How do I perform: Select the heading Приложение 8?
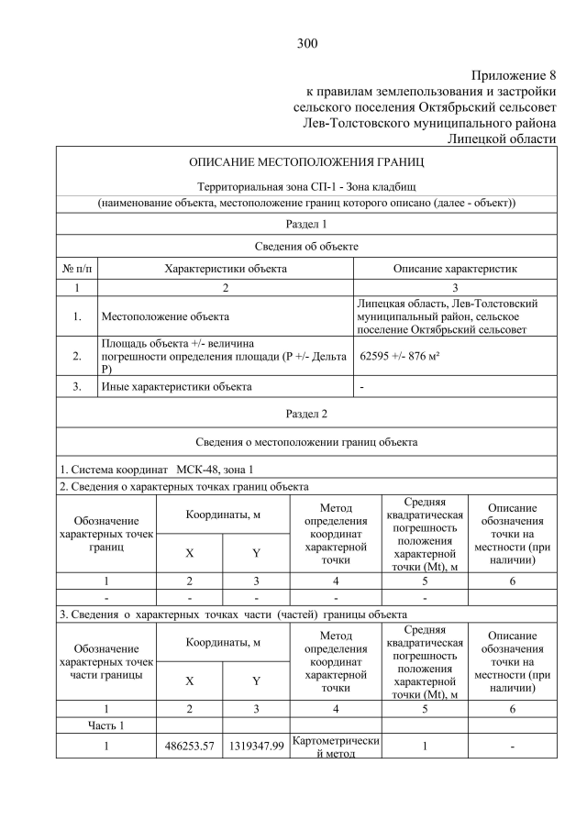point(515,75)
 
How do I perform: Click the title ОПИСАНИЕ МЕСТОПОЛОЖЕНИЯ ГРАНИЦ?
point(306,162)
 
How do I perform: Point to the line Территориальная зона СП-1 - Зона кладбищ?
point(306,186)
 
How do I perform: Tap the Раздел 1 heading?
point(306,224)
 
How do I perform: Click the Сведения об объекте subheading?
point(306,247)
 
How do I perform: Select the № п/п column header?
point(77,269)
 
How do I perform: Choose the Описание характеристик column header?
point(455,269)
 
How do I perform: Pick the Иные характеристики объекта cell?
point(176,387)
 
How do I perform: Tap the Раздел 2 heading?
point(306,414)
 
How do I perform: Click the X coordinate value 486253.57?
point(189,747)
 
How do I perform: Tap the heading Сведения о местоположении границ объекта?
point(306,442)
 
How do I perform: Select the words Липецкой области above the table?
point(502,138)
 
